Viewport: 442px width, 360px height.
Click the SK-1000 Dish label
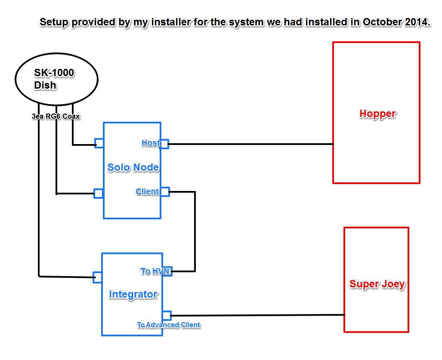pos(54,79)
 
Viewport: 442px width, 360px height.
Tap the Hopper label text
pos(377,114)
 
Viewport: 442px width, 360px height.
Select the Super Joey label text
pos(377,284)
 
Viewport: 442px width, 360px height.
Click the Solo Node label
pos(133,167)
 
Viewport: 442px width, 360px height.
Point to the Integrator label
pos(133,295)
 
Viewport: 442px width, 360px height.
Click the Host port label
pos(150,143)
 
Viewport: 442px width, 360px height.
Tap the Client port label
pos(147,191)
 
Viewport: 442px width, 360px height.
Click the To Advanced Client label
pos(168,325)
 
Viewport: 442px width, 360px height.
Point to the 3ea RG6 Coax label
pos(56,116)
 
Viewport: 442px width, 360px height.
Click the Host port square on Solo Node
pos(164,144)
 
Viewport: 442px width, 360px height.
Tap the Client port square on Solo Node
pos(165,192)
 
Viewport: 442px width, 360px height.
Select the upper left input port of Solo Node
pos(99,143)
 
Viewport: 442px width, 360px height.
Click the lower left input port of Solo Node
pos(99,193)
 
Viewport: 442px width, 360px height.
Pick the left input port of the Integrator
pos(98,277)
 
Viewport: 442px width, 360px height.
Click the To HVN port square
pos(167,271)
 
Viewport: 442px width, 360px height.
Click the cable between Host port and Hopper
pos(250,144)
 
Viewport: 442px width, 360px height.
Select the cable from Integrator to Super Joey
pos(258,315)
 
